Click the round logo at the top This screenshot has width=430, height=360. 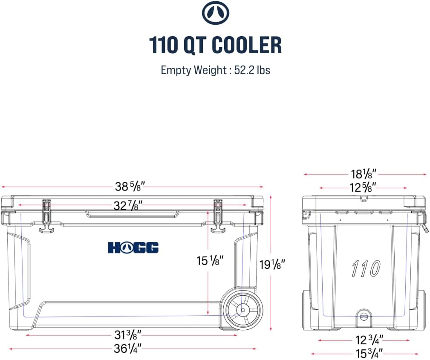click(x=215, y=13)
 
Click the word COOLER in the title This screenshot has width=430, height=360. click(x=247, y=45)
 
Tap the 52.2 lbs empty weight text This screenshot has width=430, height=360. click(x=252, y=70)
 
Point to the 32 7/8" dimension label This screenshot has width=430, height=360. click(x=128, y=205)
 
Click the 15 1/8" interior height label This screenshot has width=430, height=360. click(x=210, y=260)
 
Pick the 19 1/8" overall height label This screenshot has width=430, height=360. click(x=273, y=265)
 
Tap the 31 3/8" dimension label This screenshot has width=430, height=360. click(x=128, y=335)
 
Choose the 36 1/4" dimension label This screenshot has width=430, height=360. click(x=127, y=349)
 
